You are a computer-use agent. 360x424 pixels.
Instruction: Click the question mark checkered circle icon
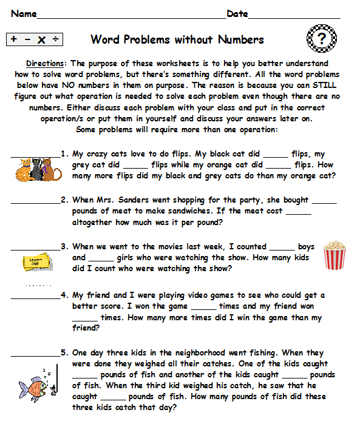pos(320,39)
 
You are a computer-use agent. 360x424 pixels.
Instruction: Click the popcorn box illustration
pos(333,255)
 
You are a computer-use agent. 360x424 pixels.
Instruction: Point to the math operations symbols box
pos(35,40)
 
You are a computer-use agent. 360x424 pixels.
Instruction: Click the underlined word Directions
pos(47,63)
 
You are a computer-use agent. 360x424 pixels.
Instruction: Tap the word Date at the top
pos(237,14)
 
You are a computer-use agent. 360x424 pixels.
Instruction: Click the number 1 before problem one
pos(64,154)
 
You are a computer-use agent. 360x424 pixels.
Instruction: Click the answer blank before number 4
pos(35,295)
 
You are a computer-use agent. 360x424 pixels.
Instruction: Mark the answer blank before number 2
pos(35,200)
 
